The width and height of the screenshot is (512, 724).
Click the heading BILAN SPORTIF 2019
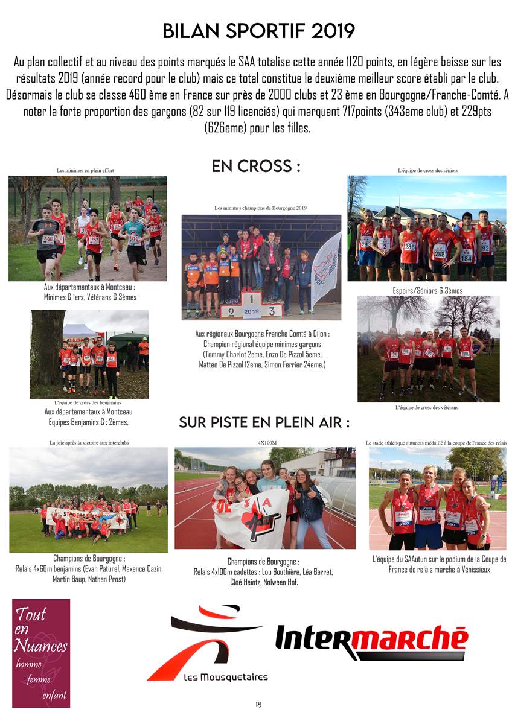[258, 31]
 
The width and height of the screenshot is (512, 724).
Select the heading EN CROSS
[256, 167]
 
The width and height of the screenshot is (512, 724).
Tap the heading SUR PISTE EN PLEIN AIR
[264, 422]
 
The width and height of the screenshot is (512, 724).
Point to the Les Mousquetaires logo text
[225, 678]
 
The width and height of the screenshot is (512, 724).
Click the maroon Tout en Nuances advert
[41, 653]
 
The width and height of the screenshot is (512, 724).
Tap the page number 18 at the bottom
[258, 704]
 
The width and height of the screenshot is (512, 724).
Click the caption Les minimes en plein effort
[85, 171]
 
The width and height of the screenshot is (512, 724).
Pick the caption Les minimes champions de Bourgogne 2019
[261, 208]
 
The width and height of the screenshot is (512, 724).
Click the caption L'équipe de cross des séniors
[427, 171]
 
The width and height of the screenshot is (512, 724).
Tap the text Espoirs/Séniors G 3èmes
[427, 291]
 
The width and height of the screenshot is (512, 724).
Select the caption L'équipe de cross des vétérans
[427, 408]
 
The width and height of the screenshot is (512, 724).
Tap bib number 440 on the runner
[48, 239]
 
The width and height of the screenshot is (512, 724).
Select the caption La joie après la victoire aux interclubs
[89, 442]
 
